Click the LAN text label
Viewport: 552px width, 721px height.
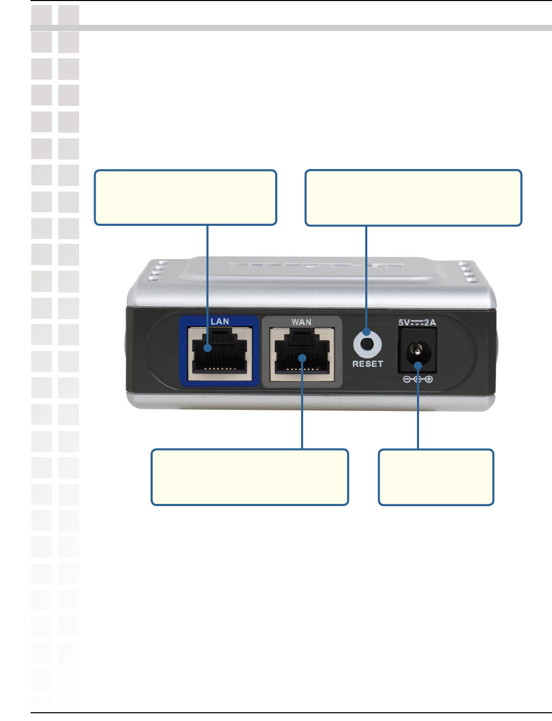[x=219, y=321]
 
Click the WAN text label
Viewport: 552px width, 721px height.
[x=301, y=322]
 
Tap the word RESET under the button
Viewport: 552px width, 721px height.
[x=367, y=364]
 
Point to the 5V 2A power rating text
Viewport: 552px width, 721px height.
[x=417, y=323]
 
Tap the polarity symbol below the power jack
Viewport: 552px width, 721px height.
[x=418, y=379]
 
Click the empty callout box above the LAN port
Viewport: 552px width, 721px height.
[x=185, y=197]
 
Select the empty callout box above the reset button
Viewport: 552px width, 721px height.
[x=413, y=198]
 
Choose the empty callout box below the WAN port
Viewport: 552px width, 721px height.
[x=250, y=477]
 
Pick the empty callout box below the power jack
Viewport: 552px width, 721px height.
[x=436, y=477]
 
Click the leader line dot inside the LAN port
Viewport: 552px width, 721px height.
[x=207, y=348]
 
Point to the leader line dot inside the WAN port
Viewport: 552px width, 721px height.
[x=302, y=358]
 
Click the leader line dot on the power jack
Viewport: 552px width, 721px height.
[x=418, y=366]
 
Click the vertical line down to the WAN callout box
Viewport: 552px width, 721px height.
[x=302, y=408]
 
